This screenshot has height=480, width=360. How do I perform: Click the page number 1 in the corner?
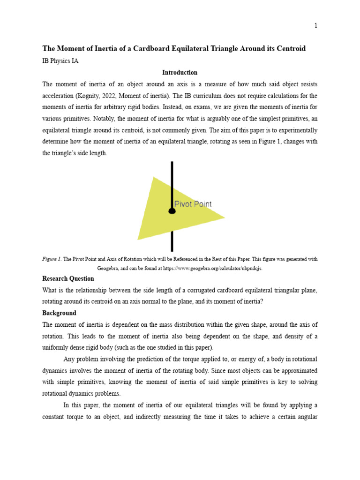(315, 26)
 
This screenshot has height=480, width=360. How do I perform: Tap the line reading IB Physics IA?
(60, 61)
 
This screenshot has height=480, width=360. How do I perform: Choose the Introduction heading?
(180, 73)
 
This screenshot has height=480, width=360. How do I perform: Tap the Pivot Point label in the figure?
(193, 204)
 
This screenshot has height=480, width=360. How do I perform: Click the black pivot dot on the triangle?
(172, 211)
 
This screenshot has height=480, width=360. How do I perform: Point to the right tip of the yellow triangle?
(224, 217)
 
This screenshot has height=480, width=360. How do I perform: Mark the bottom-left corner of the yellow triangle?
(138, 239)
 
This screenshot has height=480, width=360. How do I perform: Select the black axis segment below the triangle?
(172, 241)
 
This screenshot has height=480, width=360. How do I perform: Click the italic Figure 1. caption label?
(52, 259)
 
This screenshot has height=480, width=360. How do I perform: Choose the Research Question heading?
(68, 278)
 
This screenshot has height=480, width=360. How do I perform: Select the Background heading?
(59, 313)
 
